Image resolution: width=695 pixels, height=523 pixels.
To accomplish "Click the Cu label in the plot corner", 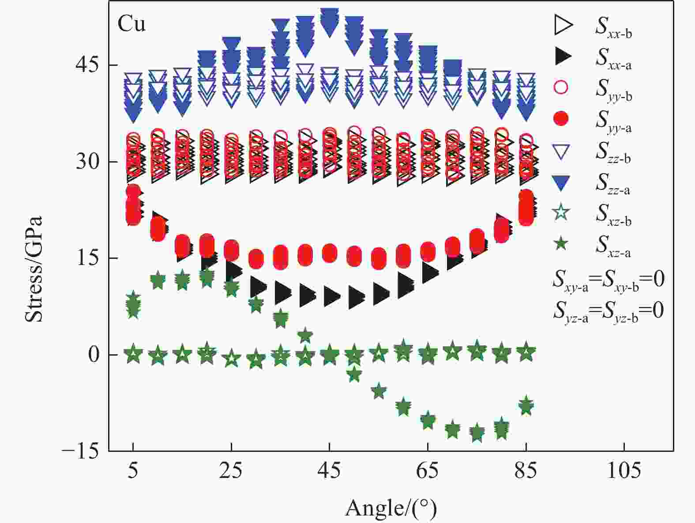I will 131,24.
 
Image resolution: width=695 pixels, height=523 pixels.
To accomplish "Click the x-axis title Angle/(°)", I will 391,508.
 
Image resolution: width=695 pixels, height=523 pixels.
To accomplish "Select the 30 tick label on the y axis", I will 88,162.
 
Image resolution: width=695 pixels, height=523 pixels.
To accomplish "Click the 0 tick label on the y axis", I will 94,355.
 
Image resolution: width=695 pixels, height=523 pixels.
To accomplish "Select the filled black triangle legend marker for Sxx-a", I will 563,56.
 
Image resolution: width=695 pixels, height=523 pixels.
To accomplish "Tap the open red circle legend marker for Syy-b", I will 561,87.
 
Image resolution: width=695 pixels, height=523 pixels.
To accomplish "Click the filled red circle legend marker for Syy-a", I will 561,119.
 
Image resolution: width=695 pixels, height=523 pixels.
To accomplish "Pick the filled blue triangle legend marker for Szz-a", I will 561,182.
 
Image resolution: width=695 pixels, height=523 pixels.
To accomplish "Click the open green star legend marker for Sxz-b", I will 561,212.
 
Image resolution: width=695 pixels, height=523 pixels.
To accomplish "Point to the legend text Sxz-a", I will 613,245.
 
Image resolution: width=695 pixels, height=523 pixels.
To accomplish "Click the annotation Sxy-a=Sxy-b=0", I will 608,280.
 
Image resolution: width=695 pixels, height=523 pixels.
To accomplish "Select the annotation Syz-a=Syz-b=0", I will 608,311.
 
